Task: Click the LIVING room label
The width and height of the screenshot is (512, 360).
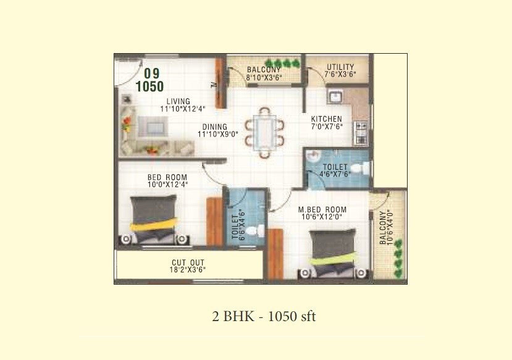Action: pyautogui.click(x=178, y=101)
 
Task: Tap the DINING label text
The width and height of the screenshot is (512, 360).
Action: pyautogui.click(x=214, y=127)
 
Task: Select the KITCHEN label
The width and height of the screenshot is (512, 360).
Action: pyautogui.click(x=326, y=119)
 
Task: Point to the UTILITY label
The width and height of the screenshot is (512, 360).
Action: pyautogui.click(x=340, y=67)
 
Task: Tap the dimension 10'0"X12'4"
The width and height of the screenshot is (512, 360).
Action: pyautogui.click(x=167, y=184)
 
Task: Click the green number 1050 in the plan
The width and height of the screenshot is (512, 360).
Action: pyautogui.click(x=149, y=86)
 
